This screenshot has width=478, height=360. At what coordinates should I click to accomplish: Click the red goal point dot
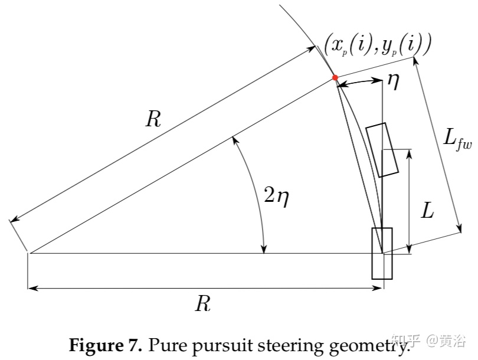pos(335,77)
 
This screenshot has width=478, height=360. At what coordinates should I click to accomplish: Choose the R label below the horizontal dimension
pos(202,304)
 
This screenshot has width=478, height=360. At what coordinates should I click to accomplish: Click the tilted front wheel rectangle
pos(382,150)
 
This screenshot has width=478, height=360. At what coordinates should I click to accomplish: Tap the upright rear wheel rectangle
pos(381,253)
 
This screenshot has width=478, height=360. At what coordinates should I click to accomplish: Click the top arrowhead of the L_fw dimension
pos(417,60)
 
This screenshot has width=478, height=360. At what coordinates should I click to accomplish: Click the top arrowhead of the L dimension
pos(409,151)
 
